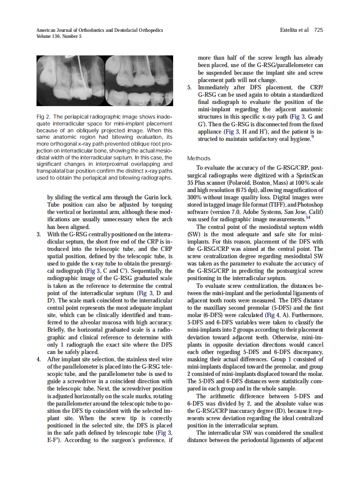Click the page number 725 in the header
coord(318,30)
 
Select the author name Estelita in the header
coord(290,30)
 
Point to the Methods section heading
coord(199,158)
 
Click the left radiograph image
coord(70,81)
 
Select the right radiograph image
coord(139,81)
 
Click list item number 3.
coord(39,235)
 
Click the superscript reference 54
coord(308,218)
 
